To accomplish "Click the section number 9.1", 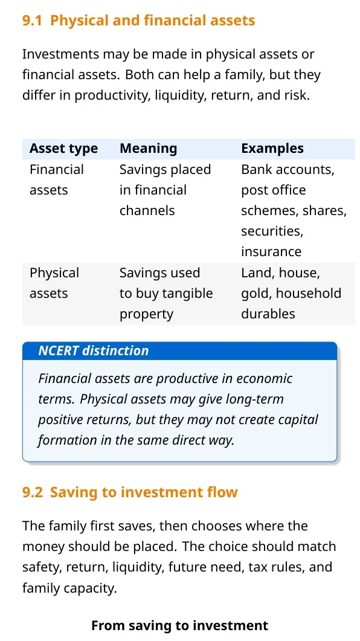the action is (x=32, y=21).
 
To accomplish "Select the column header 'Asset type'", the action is (x=64, y=149).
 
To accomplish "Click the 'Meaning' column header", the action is (x=149, y=149).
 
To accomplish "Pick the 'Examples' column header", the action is (x=272, y=149).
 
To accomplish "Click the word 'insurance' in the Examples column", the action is (x=271, y=251).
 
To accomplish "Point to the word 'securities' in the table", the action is (x=271, y=231).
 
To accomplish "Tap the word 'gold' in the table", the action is (x=255, y=294).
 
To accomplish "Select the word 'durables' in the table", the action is (x=268, y=314).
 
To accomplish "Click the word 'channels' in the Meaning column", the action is (x=147, y=210).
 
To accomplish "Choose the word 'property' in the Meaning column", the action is (x=146, y=314).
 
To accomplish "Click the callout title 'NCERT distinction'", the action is (x=93, y=351).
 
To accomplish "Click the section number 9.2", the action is (x=32, y=492).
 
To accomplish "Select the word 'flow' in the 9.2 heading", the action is (x=222, y=492).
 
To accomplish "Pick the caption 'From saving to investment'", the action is (x=180, y=625).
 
